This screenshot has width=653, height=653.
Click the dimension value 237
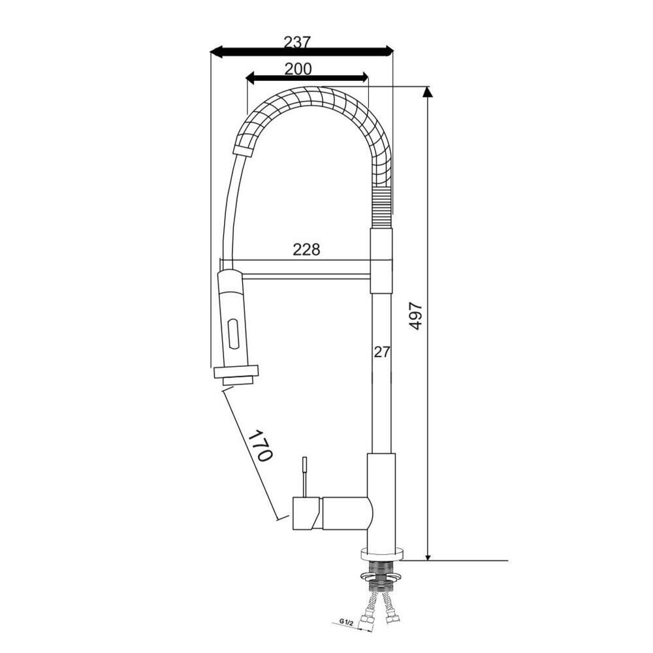(x=297, y=42)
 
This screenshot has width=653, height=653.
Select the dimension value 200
(x=298, y=69)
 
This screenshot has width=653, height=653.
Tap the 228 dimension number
(x=306, y=249)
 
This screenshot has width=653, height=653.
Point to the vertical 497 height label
(x=415, y=317)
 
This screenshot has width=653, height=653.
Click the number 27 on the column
(x=381, y=352)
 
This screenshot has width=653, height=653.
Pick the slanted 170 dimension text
(x=261, y=445)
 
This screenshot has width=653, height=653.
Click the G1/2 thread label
(x=346, y=623)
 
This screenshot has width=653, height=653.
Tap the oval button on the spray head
(x=233, y=333)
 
